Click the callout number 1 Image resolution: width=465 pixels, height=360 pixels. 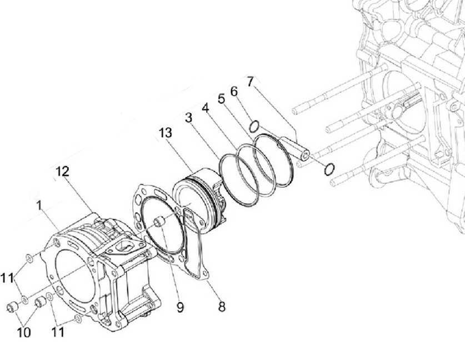(x=39, y=205)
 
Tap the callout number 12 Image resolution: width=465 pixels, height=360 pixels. (x=62, y=172)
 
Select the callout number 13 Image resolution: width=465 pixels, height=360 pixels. (x=165, y=133)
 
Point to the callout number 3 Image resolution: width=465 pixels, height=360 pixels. (x=189, y=118)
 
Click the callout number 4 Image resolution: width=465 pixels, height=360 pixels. (x=206, y=108)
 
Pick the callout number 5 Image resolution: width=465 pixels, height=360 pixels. (x=221, y=99)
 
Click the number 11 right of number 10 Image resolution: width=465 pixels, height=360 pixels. (x=57, y=332)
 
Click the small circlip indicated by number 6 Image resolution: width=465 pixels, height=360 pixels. (x=253, y=127)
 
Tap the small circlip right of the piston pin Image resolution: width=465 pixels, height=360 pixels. (x=329, y=168)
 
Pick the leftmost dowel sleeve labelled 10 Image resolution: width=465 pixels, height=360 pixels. (x=13, y=307)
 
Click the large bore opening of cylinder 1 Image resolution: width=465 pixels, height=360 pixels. (x=72, y=280)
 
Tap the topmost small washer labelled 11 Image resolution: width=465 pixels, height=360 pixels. (x=29, y=257)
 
